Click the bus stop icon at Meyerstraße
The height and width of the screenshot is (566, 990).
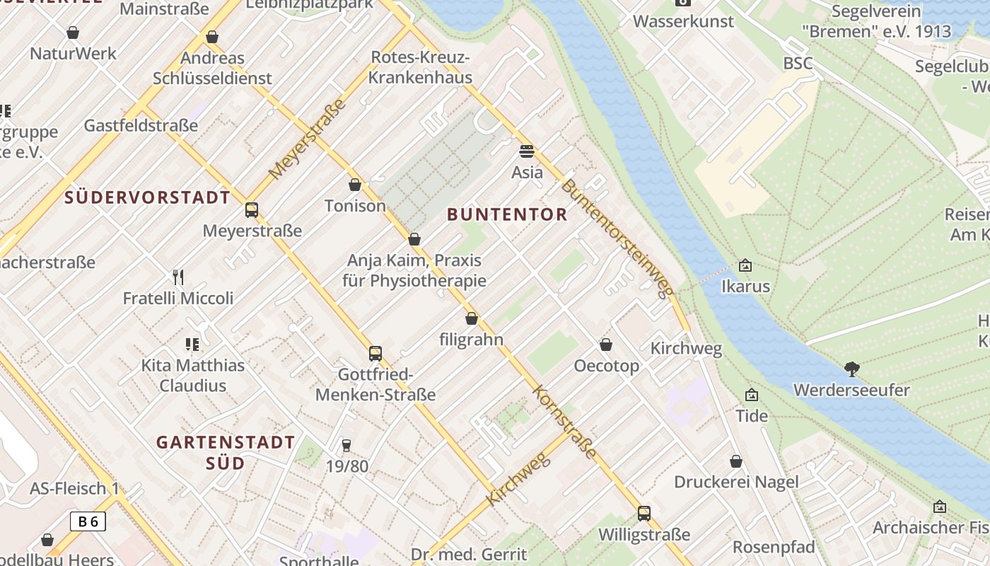point(251,209)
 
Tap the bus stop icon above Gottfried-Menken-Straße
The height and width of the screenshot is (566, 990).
point(375,353)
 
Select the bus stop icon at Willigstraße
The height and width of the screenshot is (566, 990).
point(643,514)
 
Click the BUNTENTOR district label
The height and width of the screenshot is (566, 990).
point(507,214)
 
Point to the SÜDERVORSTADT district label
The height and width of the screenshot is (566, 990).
point(147,197)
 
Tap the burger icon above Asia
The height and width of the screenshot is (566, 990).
point(527,151)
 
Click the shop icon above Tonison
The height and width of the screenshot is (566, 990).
point(355,185)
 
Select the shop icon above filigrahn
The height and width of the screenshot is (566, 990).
point(472,318)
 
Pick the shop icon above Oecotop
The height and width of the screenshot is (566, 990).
point(606,345)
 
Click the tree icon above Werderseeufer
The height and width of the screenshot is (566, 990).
point(851,368)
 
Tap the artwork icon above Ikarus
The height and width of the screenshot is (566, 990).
point(745,265)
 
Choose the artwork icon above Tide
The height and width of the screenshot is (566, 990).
point(751,394)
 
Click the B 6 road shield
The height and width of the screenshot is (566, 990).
point(88,521)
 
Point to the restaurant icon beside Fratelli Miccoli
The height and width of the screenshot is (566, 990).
point(178,277)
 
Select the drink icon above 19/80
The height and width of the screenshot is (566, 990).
point(346,445)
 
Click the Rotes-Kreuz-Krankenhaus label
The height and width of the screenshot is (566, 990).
point(420,67)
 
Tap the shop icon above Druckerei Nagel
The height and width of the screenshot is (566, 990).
point(736,461)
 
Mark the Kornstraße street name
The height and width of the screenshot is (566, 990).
point(564,421)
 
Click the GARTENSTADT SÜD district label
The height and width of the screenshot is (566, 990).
point(226,453)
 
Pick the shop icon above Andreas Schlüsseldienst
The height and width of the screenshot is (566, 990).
point(212,37)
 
